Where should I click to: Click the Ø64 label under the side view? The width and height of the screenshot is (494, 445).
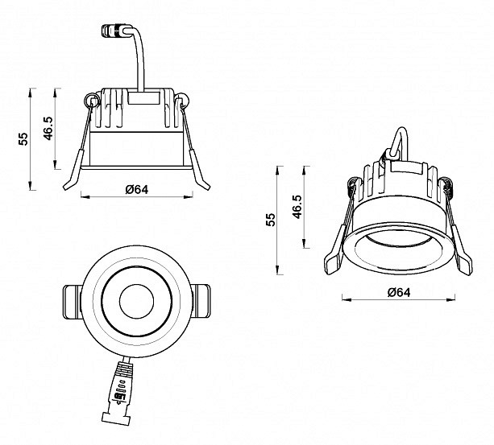136,189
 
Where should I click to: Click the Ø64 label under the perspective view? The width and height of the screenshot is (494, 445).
399,292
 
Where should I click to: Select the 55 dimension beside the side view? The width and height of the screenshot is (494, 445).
23,138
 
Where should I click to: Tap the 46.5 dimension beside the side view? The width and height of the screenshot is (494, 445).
48,128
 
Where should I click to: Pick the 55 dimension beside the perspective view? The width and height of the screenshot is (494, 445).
271,220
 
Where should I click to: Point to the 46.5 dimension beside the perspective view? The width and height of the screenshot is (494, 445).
297,207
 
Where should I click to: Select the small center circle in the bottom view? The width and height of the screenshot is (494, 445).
136,301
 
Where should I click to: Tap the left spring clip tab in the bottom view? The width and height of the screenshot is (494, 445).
73,302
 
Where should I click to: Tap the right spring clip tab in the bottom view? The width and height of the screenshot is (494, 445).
201,301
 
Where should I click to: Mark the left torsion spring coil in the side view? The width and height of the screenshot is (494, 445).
90,100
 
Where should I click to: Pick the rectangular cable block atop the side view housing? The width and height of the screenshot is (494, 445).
143,98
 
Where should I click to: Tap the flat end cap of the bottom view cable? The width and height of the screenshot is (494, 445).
116,418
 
